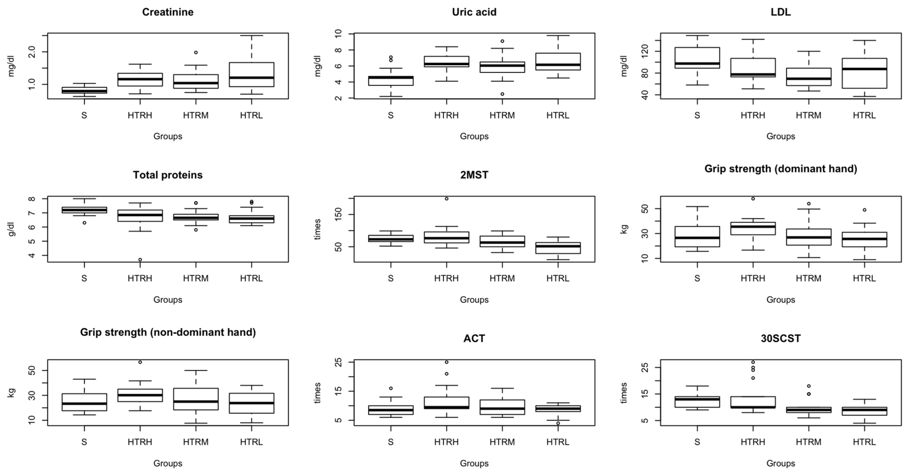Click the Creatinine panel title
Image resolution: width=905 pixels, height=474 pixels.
click(168, 12)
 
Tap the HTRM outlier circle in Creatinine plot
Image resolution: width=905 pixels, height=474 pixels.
click(196, 52)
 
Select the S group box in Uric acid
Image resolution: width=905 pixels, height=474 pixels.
click(391, 80)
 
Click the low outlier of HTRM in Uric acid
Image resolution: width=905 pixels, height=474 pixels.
click(502, 94)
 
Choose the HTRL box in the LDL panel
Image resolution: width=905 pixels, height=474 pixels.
click(864, 73)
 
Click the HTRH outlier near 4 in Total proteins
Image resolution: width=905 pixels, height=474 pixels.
click(140, 260)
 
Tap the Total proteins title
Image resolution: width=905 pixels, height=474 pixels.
click(168, 175)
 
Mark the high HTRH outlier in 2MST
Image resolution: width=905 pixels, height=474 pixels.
click(447, 199)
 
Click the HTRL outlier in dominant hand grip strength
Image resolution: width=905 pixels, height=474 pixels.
click(864, 210)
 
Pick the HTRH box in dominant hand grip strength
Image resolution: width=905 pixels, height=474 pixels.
click(753, 228)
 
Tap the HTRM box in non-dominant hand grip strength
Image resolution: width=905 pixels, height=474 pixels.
click(196, 399)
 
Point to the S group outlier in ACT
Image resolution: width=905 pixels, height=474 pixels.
click(391, 388)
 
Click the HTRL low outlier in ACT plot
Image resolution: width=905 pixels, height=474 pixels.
click(558, 423)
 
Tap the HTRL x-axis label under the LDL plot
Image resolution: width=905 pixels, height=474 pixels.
click(864, 115)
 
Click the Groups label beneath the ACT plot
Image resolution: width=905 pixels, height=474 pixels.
click(474, 463)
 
